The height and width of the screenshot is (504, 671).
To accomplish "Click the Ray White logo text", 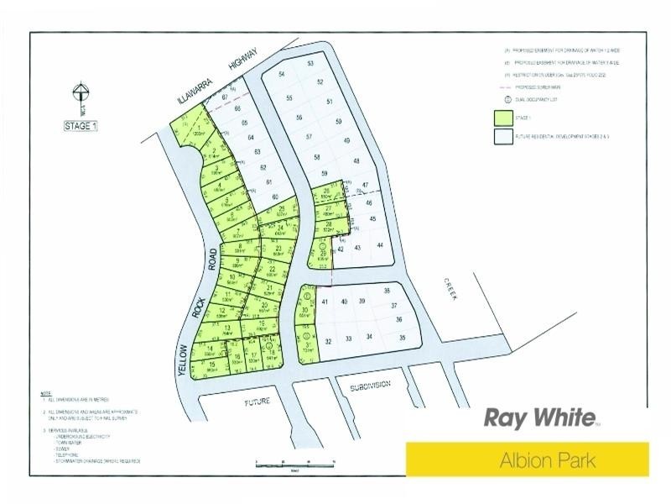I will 539,417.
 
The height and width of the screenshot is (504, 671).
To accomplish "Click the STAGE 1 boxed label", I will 81,126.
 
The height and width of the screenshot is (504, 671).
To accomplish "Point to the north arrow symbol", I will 81,97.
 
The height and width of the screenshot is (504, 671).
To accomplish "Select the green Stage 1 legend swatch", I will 503,118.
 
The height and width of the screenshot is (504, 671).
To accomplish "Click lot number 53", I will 310,64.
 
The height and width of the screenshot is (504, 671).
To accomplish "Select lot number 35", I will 403,338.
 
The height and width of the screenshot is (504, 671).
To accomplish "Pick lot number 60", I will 274,197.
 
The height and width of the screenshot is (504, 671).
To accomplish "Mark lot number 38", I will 388,291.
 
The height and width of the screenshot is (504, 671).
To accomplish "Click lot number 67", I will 225,97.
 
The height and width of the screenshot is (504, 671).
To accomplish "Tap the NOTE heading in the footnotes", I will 45,393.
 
